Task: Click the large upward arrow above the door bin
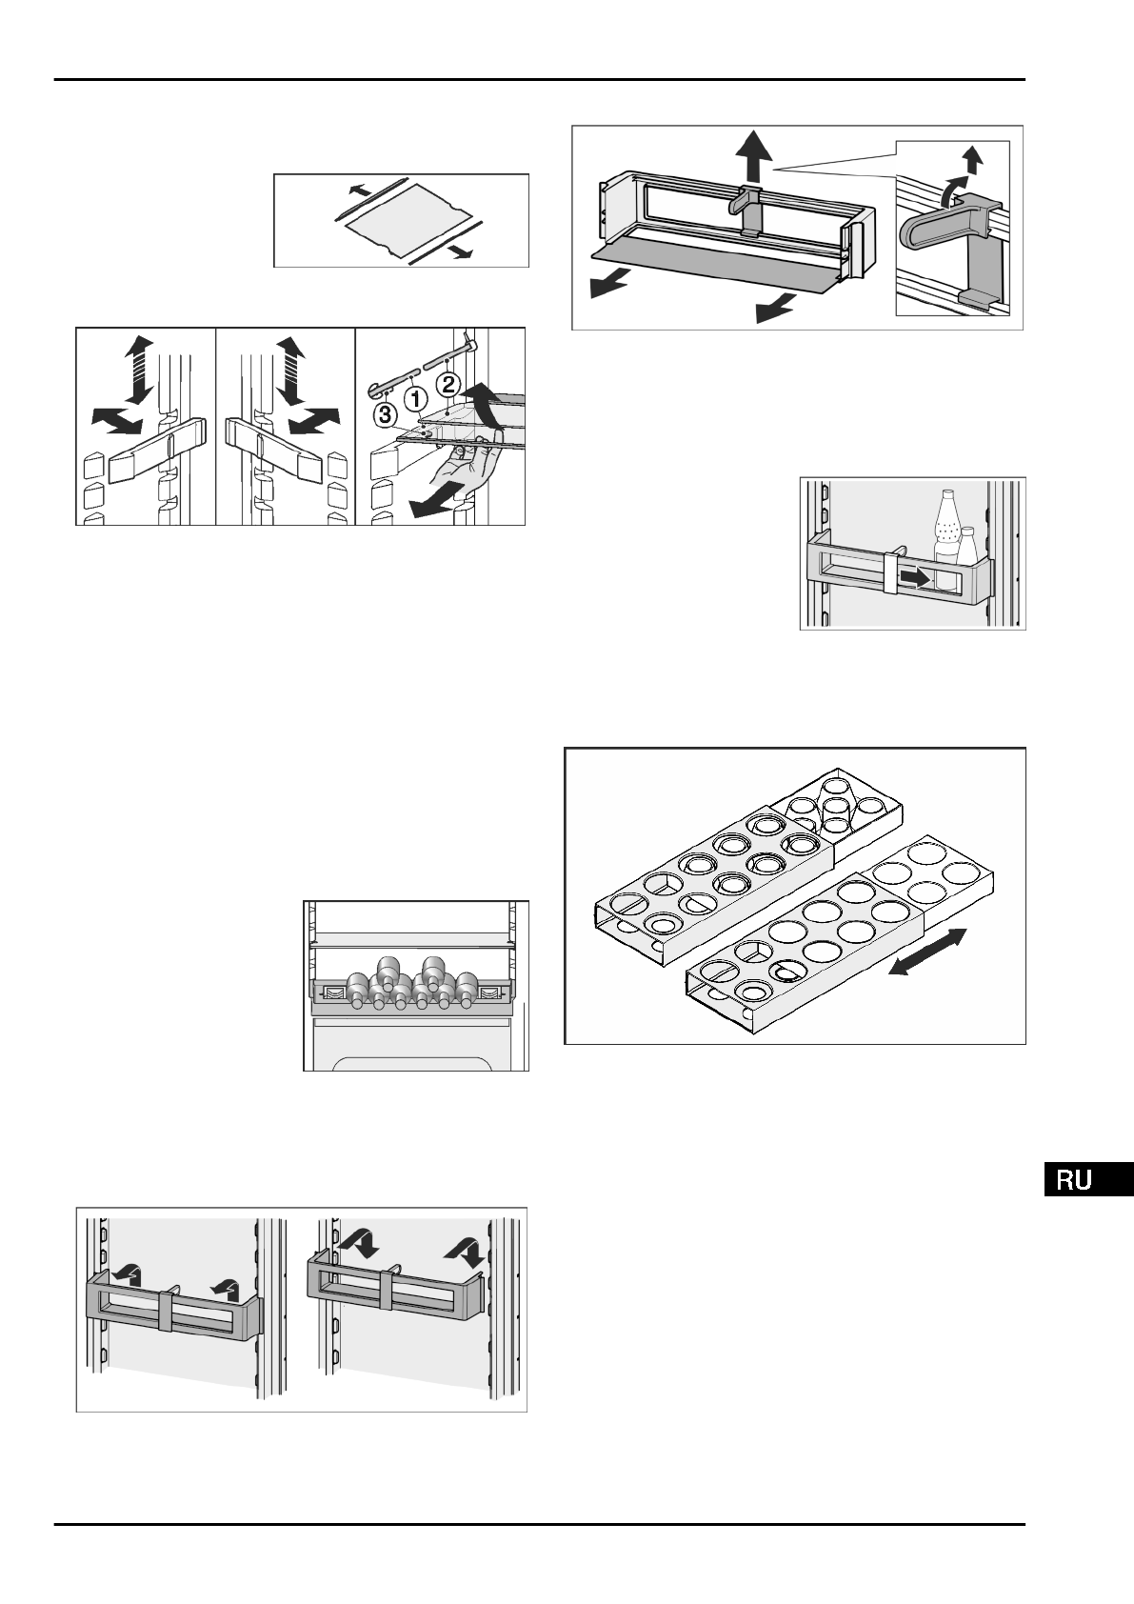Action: coord(754,157)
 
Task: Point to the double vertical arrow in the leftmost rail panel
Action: coord(139,370)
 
